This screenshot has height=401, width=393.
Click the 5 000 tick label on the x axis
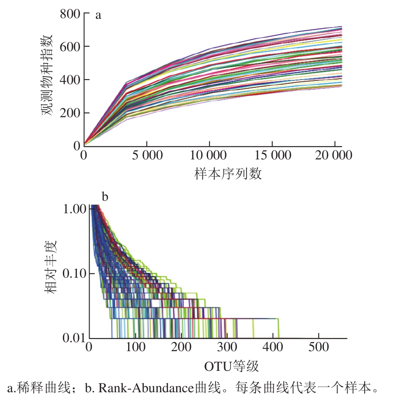pos(146,156)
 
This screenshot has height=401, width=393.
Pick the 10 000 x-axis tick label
pos(209,156)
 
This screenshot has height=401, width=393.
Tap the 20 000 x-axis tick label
pos(334,156)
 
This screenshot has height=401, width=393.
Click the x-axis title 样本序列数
pos(228,174)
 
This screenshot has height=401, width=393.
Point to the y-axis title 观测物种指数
pos(47,75)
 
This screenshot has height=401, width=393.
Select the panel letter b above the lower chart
pos(105,197)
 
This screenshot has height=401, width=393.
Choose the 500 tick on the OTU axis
pos(318,348)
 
